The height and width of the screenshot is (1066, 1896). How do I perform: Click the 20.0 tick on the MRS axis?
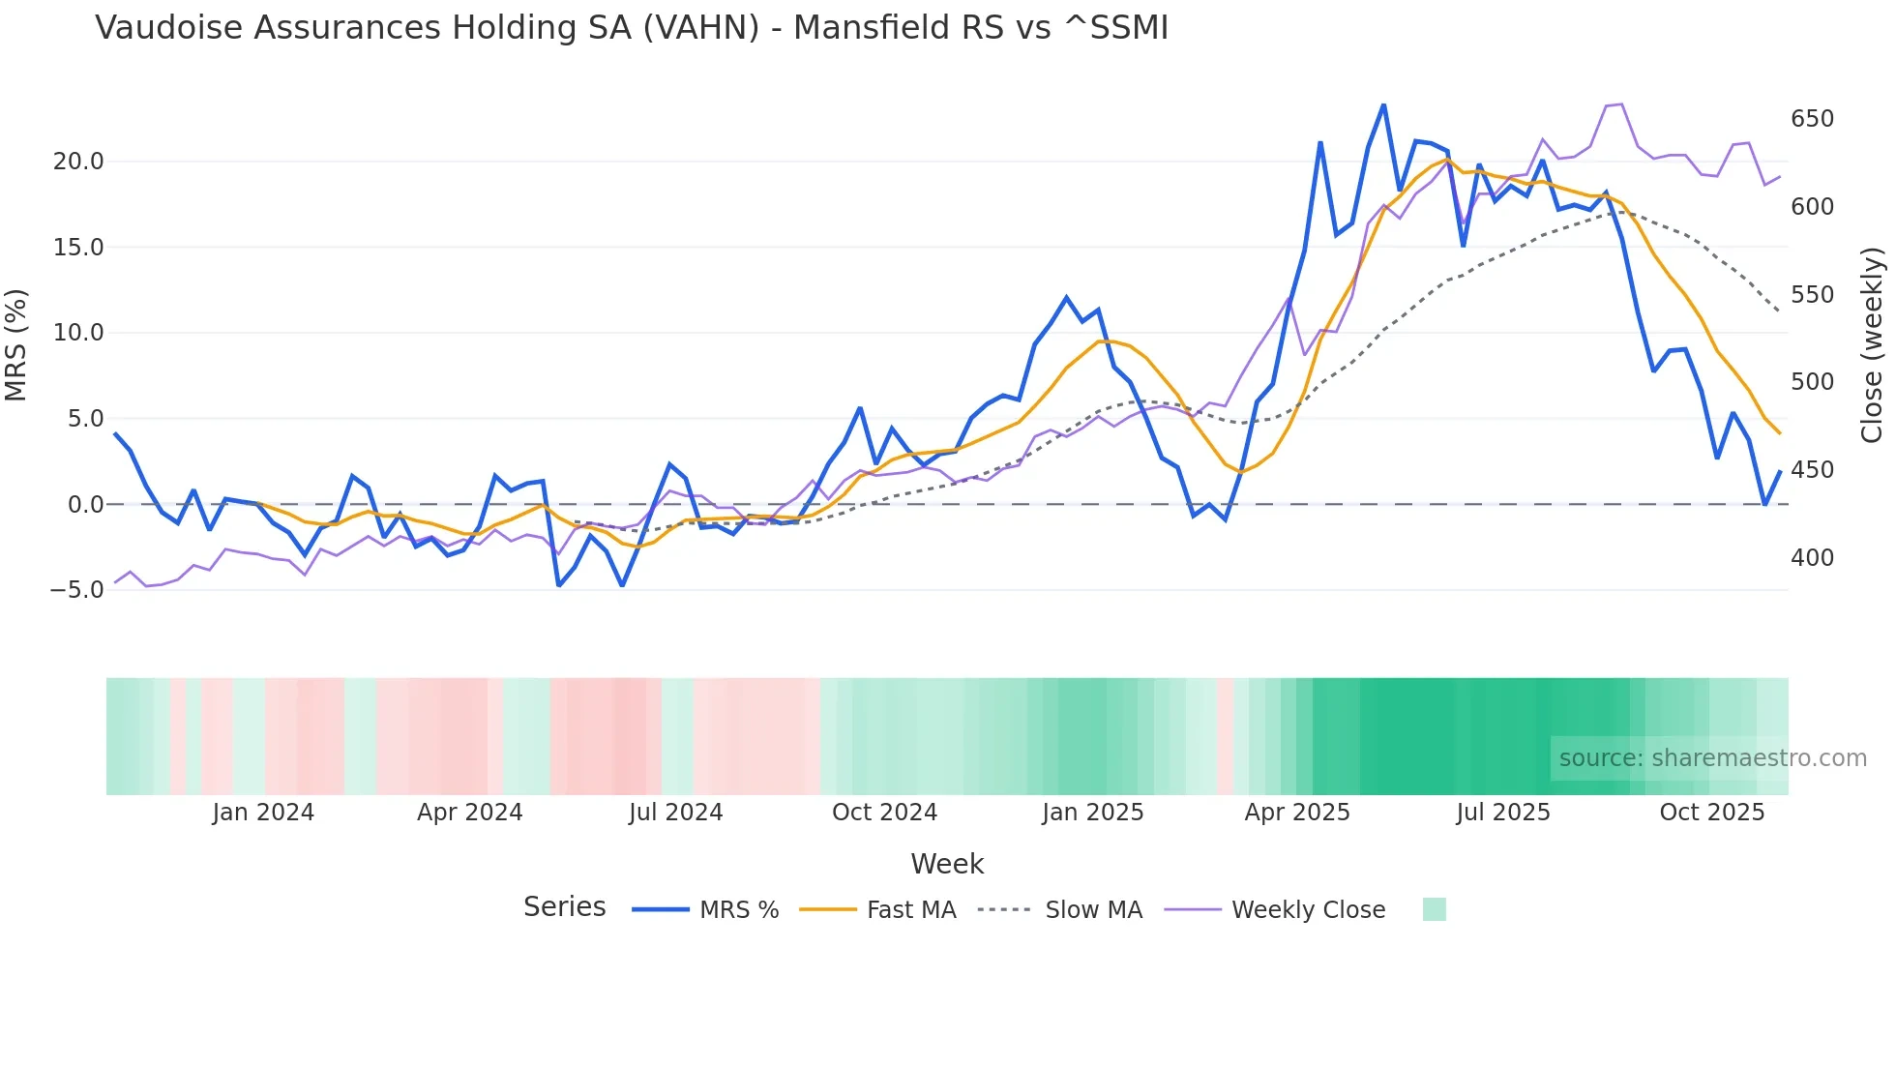(77, 162)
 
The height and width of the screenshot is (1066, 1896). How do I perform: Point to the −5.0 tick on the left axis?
(77, 589)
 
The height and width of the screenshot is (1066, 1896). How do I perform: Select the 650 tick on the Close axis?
(1812, 119)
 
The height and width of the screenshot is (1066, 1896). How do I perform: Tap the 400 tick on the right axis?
(1812, 558)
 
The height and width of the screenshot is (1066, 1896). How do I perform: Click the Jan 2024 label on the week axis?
(263, 813)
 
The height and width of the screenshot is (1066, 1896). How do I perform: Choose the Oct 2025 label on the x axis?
(1712, 813)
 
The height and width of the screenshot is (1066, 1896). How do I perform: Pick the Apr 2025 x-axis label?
(1297, 813)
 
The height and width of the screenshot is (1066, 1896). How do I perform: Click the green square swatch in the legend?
(1435, 909)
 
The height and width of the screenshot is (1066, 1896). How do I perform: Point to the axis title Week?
(947, 864)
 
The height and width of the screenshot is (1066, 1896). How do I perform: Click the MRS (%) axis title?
(16, 344)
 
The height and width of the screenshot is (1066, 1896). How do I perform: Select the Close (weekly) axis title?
(1873, 344)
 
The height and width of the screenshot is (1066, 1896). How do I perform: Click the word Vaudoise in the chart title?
(168, 28)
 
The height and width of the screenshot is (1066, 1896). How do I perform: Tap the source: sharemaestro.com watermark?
(1712, 758)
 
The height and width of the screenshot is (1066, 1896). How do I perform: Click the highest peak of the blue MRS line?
(1383, 104)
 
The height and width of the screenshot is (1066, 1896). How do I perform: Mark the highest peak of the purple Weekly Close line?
(1621, 104)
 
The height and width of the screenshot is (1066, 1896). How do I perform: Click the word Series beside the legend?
(564, 907)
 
